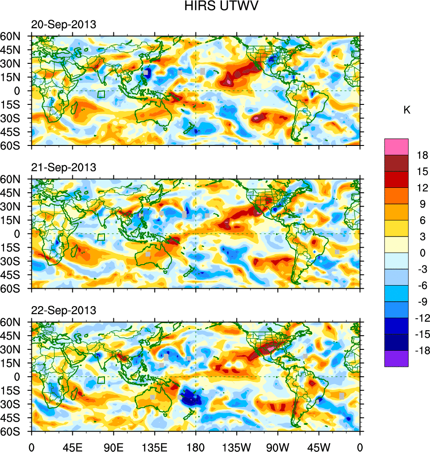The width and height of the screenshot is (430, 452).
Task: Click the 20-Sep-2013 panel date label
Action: click(63, 25)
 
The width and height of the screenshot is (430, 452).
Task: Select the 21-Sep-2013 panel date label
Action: click(63, 167)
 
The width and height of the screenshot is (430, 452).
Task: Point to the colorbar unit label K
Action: click(407, 110)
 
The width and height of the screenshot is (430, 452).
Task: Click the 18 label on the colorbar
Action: click(422, 155)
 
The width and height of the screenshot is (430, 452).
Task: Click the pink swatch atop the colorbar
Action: click(396, 146)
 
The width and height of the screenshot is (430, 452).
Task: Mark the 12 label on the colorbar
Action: click(422, 188)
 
